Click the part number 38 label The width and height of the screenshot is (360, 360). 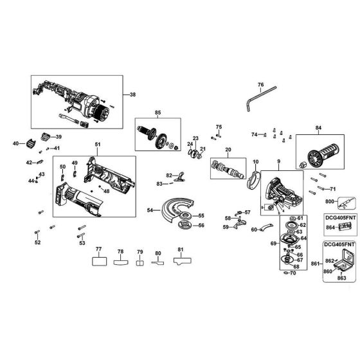pyautogui.click(x=133, y=95)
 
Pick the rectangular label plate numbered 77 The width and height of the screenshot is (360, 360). pyautogui.click(x=98, y=262)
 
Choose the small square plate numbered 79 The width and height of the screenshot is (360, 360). pyautogui.click(x=139, y=262)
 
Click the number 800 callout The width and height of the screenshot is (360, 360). pyautogui.click(x=329, y=201)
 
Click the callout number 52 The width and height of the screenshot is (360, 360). pyautogui.click(x=37, y=242)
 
